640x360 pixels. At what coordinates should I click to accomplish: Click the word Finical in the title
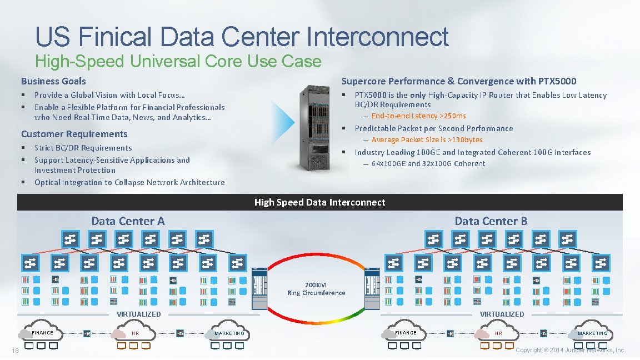pyautogui.click(x=114, y=37)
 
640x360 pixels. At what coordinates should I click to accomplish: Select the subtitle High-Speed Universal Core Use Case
pyautogui.click(x=178, y=61)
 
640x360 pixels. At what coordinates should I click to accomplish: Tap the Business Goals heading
pyautogui.click(x=53, y=81)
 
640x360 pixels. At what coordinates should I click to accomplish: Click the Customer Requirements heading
pyautogui.click(x=74, y=134)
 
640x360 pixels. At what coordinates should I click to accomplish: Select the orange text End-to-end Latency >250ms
pyautogui.click(x=418, y=116)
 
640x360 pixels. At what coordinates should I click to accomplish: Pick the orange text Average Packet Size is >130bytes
pyautogui.click(x=427, y=140)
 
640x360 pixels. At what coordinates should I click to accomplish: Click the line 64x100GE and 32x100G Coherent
pyautogui.click(x=428, y=164)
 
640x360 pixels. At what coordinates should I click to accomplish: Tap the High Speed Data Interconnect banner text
pyautogui.click(x=319, y=202)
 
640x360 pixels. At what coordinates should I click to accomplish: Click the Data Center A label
pyautogui.click(x=128, y=221)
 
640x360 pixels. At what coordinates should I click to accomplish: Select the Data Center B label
pyautogui.click(x=491, y=221)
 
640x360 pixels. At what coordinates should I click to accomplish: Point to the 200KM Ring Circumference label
pyautogui.click(x=316, y=289)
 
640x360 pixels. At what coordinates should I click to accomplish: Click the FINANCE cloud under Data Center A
pyautogui.click(x=43, y=333)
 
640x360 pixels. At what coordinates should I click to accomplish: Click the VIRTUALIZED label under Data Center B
pyautogui.click(x=502, y=314)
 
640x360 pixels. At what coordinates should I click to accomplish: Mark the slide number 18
pyautogui.click(x=15, y=350)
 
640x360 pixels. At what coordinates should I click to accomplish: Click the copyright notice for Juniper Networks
pyautogui.click(x=571, y=350)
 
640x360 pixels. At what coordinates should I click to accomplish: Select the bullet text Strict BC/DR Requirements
pyautogui.click(x=83, y=148)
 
